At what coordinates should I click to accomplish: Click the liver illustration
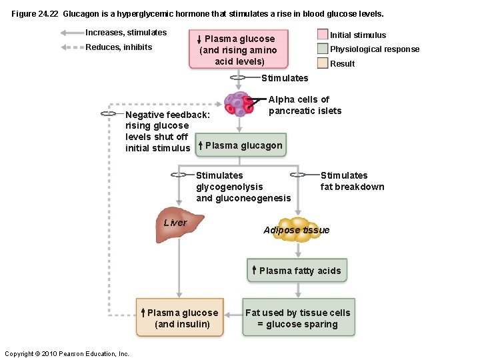coord(179,227)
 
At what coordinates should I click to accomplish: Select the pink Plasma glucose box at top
coord(239,49)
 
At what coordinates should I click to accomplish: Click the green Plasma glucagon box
coord(241,145)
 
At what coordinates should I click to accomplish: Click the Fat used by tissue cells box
coord(298,318)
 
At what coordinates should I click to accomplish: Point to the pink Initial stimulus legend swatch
coord(322,35)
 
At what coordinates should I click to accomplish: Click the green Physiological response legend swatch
coord(322,49)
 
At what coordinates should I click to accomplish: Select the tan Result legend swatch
coord(322,63)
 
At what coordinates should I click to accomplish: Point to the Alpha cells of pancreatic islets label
coord(304,105)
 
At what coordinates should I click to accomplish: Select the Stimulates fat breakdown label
coord(352,181)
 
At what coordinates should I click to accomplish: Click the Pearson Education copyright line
coord(67,353)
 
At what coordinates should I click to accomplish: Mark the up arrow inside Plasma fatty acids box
coord(254,270)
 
